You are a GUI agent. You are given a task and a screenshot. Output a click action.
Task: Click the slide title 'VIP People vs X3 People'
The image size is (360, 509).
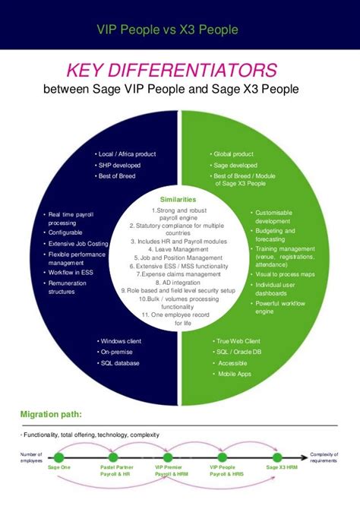tap(167, 30)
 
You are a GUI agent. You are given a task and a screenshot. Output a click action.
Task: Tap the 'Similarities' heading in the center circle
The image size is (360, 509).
tap(179, 199)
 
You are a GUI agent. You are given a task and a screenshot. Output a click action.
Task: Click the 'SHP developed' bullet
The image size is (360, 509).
tap(119, 165)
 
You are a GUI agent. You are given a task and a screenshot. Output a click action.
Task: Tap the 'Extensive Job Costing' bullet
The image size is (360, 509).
tap(80, 244)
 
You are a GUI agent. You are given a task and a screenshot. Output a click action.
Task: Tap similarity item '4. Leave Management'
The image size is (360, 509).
tap(179, 248)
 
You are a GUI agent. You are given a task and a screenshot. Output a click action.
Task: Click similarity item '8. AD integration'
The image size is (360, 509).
tap(179, 282)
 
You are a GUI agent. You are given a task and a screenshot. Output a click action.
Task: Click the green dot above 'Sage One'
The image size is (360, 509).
tap(59, 457)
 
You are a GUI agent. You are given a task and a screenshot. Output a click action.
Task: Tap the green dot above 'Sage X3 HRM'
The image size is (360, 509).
tap(282, 457)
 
